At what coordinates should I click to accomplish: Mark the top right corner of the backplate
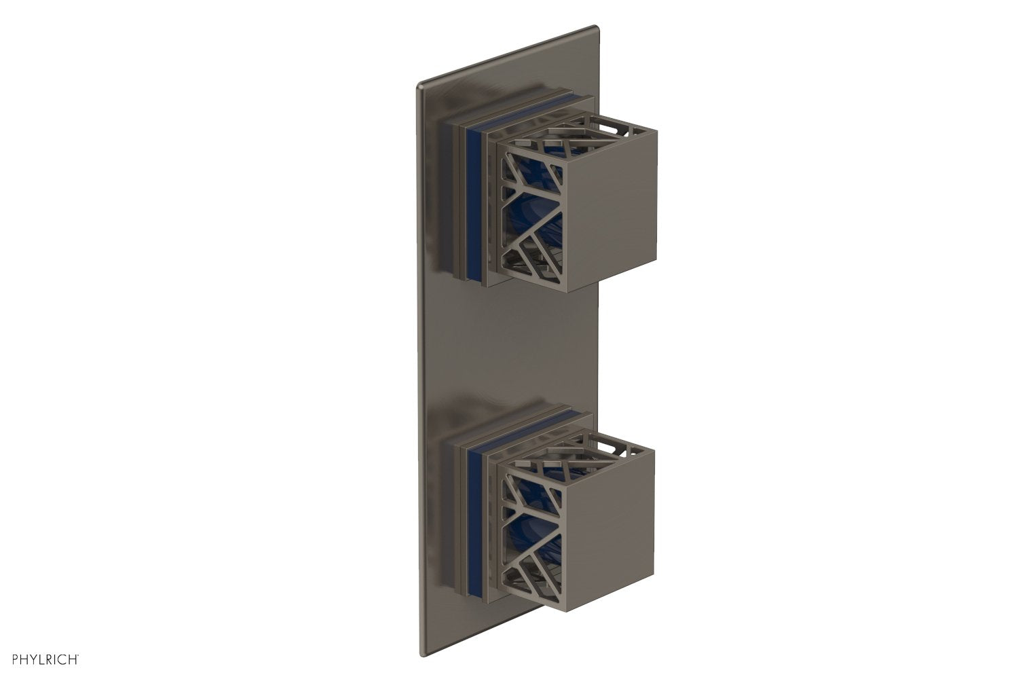595,27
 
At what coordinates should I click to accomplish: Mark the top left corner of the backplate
418,86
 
